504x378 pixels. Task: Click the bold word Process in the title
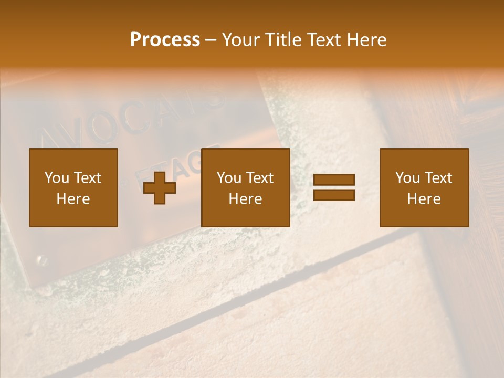[x=165, y=40]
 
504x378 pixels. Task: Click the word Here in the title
[x=366, y=40]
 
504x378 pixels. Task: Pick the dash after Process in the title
[x=211, y=40]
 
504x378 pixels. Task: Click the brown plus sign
[x=160, y=188]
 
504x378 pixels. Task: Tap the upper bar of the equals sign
[x=334, y=180]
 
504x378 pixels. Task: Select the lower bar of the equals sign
[x=334, y=195]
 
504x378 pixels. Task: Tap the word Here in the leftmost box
[x=73, y=199]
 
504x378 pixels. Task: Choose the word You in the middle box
[x=229, y=178]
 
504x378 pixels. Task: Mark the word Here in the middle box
[x=245, y=199]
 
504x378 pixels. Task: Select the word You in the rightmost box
[x=407, y=178]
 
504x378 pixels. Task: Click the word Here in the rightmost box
[x=424, y=199]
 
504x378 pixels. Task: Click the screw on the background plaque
[x=41, y=259]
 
